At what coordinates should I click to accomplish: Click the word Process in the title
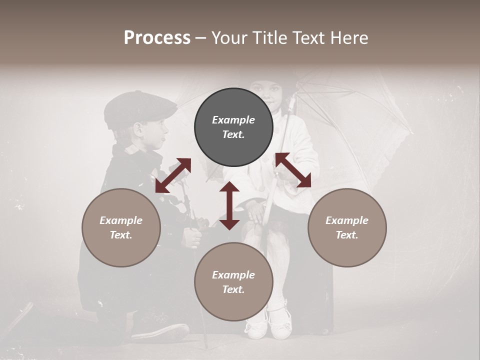point(157,38)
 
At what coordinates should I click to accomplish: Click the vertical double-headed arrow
point(229,205)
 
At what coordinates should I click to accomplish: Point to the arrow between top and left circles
point(173,175)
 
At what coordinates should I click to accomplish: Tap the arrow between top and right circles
point(293,170)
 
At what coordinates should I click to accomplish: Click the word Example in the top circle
point(233,120)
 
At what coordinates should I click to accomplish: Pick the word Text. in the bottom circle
point(233,290)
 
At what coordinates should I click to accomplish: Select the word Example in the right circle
point(346,220)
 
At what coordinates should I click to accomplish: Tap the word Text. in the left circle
point(121,235)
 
